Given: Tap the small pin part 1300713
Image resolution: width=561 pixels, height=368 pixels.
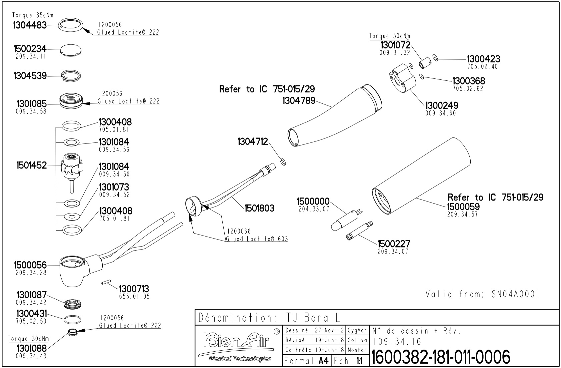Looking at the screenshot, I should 105,283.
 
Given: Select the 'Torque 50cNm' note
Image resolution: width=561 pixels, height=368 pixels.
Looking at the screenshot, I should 389,36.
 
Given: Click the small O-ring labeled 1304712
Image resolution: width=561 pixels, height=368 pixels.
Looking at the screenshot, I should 282,162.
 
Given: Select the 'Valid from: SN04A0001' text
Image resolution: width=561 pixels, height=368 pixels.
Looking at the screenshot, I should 482,294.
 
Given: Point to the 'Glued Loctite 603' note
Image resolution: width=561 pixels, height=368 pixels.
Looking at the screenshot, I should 257,239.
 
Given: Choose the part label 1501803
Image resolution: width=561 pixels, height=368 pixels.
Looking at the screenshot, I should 259,209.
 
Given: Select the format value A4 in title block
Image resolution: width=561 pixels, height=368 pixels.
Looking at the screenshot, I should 323,361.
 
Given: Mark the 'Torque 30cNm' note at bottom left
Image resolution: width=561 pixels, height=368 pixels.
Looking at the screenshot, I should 28,339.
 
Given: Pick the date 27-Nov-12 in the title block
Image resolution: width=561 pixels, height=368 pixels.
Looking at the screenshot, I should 330,331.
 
